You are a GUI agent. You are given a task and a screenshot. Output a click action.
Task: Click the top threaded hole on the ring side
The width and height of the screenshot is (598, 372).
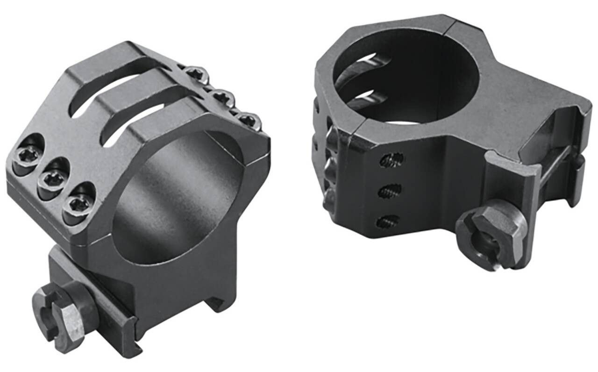tap(392, 160)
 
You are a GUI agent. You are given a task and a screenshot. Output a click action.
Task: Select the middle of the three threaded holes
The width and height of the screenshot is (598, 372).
tap(389, 191)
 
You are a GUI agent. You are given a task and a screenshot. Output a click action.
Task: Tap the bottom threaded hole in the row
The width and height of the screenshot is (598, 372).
tap(387, 221)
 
